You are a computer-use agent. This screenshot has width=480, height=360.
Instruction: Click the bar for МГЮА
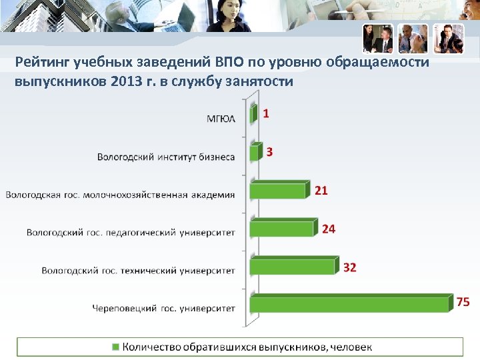click(253, 115)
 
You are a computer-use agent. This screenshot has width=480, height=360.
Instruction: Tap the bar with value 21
click(279, 191)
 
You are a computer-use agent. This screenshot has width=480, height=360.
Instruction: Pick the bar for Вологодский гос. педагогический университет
click(282, 229)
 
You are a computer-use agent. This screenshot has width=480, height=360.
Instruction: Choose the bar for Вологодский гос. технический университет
click(293, 267)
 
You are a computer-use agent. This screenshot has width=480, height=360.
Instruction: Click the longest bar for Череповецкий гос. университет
click(351, 304)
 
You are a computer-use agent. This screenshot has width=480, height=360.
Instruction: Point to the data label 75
click(463, 301)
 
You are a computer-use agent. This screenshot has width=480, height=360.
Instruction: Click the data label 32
click(350, 267)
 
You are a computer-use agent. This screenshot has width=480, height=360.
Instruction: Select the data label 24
click(329, 229)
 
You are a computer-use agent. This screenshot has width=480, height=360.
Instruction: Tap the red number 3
click(269, 152)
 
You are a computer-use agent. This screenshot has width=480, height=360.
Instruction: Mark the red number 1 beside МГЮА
click(266, 114)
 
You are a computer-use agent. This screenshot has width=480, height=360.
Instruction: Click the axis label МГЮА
click(221, 119)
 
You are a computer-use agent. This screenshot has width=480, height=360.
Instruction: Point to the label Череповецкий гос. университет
click(163, 308)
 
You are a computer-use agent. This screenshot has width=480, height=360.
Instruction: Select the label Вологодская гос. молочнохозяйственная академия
click(121, 195)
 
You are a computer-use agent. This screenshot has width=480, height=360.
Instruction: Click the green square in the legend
click(115, 347)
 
